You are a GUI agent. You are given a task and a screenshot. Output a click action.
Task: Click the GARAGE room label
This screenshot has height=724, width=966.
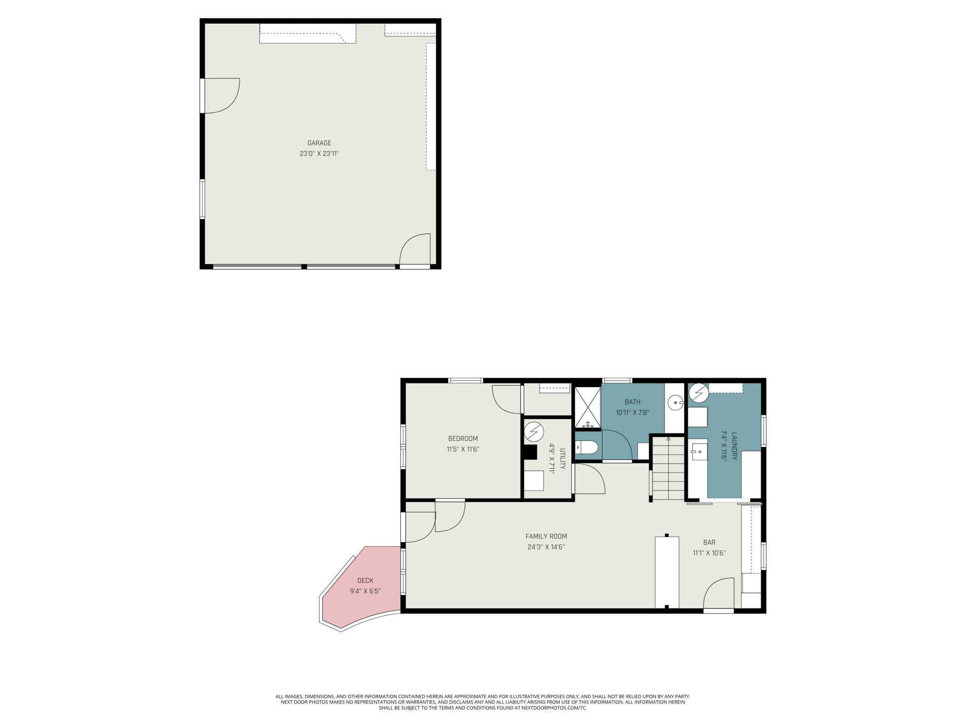(x=319, y=143)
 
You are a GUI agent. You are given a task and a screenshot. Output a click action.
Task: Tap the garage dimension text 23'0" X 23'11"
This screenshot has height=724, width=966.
(x=319, y=154)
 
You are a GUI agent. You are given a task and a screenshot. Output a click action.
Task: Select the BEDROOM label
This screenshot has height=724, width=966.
(x=463, y=439)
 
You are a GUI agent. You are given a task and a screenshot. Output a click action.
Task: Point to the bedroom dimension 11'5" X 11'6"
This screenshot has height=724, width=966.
(x=463, y=449)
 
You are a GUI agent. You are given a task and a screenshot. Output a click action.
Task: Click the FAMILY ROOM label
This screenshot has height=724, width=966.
(x=546, y=537)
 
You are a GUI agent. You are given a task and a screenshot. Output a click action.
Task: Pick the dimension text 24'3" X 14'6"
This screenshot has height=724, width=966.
(x=546, y=547)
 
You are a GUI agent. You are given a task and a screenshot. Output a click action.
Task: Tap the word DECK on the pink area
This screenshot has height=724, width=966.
(x=365, y=581)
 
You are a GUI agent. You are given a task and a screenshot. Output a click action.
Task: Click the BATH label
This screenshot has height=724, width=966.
(x=632, y=402)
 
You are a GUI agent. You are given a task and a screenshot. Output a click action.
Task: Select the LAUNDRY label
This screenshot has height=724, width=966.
(x=734, y=446)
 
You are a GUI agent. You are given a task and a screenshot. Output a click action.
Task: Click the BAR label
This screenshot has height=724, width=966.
(x=709, y=542)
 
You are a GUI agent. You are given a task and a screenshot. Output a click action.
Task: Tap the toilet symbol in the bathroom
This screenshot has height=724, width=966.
(x=587, y=447)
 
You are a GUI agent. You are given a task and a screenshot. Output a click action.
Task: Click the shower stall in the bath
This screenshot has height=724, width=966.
(x=588, y=407)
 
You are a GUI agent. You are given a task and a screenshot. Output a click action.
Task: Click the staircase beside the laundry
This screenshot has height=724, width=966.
(x=668, y=469)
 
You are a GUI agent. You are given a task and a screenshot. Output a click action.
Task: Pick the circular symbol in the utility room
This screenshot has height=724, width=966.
(x=534, y=432)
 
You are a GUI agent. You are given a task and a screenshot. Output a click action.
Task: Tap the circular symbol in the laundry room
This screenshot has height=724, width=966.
(x=698, y=394)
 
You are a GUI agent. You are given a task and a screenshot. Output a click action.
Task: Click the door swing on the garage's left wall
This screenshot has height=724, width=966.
(x=222, y=96)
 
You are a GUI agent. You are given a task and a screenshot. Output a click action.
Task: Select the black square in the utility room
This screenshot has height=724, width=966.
(x=530, y=452)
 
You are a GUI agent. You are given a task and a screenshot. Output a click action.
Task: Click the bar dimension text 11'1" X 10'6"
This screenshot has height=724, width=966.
(x=709, y=553)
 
